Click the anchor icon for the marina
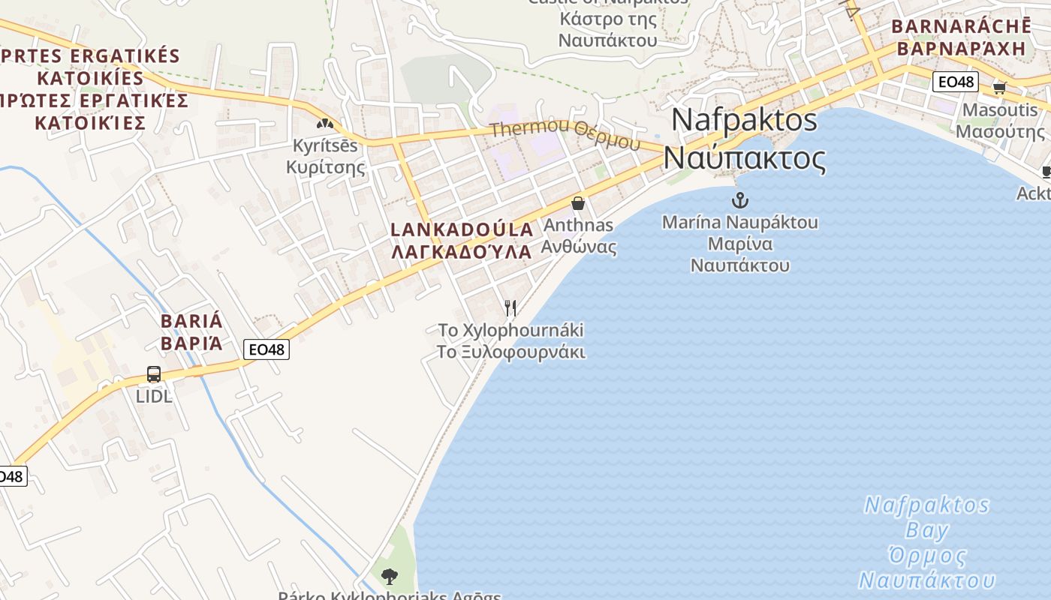[x=740, y=200]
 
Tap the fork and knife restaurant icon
[x=510, y=307]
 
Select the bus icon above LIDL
[x=154, y=373]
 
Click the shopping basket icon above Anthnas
[x=578, y=203]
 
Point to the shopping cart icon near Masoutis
[x=999, y=88]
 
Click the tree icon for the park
[x=389, y=576]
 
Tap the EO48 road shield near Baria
[x=266, y=349]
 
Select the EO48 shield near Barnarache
[x=955, y=82]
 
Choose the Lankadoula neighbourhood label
[x=462, y=240]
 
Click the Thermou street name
[x=565, y=135]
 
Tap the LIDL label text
[x=154, y=396]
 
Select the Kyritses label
[x=325, y=156]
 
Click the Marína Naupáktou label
[x=740, y=244]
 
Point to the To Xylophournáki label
[x=511, y=341]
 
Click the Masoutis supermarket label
[x=1000, y=121]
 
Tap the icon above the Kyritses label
[x=324, y=123]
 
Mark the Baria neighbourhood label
[x=191, y=332]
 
